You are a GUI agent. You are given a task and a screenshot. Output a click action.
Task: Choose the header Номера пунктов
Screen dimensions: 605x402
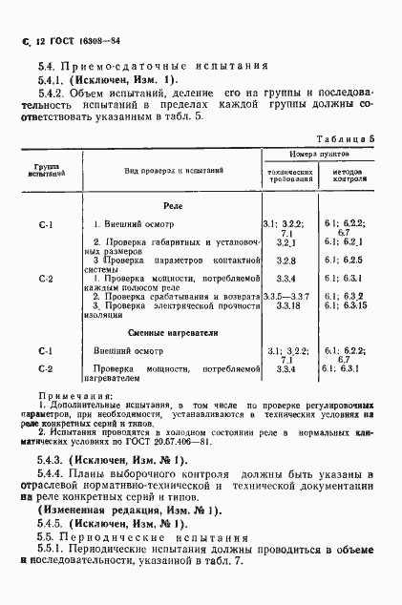(320, 155)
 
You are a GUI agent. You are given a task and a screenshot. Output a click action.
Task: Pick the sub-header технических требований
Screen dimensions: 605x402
(289, 176)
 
